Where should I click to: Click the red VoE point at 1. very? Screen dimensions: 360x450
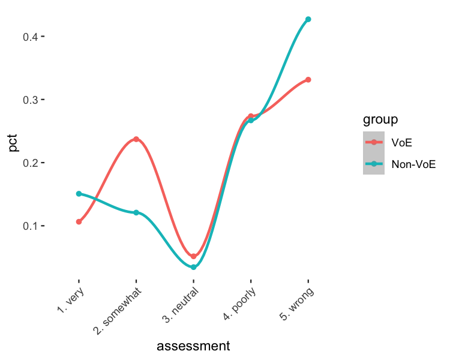pyautogui.click(x=79, y=222)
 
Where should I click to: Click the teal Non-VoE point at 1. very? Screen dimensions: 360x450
pyautogui.click(x=79, y=194)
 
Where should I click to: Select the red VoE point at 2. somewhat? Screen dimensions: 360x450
pyautogui.click(x=136, y=139)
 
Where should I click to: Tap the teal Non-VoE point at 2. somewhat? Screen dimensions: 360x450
pyautogui.click(x=136, y=212)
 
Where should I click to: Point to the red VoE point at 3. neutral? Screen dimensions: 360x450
pyautogui.click(x=193, y=257)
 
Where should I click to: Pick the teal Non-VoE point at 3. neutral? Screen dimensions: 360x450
pyautogui.click(x=193, y=267)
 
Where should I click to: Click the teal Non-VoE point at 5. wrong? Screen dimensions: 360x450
pyautogui.click(x=308, y=19)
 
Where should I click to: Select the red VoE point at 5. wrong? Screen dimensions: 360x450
pyautogui.click(x=308, y=80)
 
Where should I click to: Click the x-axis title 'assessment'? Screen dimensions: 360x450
pyautogui.click(x=193, y=346)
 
